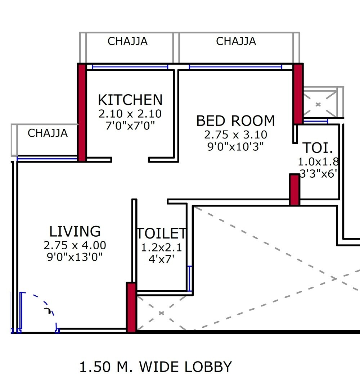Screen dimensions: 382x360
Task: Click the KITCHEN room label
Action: click(130, 100)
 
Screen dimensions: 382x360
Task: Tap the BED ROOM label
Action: click(235, 121)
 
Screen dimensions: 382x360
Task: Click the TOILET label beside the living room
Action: click(161, 234)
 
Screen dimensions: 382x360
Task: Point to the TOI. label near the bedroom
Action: click(318, 148)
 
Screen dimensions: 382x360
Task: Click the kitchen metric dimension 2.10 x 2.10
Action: click(130, 114)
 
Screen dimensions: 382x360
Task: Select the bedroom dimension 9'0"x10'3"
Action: click(235, 146)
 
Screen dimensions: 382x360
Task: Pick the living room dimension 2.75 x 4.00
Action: click(75, 246)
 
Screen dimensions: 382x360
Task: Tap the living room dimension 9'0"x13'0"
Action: click(75, 257)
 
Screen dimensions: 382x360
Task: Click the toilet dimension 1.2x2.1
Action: click(161, 248)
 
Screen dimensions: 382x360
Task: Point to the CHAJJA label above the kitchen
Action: click(127, 41)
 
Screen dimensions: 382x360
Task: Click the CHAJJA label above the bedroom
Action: click(236, 41)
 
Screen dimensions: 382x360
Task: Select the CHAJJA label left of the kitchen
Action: click(48, 133)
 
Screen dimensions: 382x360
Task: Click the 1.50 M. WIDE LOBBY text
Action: click(156, 367)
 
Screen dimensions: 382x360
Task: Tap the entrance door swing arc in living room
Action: click(47, 306)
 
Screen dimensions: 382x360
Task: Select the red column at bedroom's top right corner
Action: click(298, 94)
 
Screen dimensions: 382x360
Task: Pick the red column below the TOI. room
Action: click(294, 190)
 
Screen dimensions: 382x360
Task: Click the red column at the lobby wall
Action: click(131, 308)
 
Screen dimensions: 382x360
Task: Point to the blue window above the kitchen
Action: click(130, 67)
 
